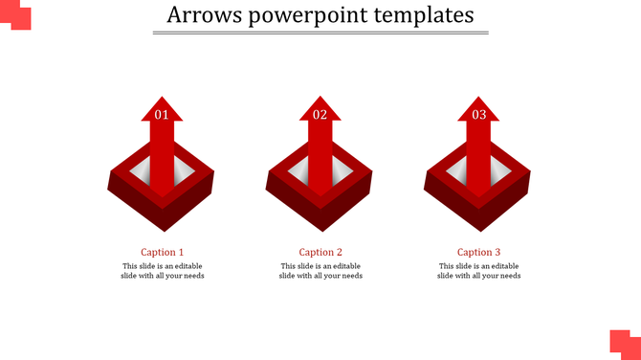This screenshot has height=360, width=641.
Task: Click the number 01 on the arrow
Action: [x=162, y=115]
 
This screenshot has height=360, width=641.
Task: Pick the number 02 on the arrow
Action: [x=320, y=115]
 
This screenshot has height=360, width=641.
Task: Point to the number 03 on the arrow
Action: [x=479, y=115]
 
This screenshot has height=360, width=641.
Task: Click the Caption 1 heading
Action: [x=163, y=253]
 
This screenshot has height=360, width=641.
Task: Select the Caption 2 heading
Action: [x=320, y=253]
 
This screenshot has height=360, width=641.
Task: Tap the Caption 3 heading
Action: [x=479, y=253]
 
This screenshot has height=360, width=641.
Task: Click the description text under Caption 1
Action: [x=163, y=271]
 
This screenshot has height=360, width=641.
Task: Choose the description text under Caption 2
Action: [x=320, y=271]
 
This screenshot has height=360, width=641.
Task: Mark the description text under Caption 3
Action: [x=479, y=271]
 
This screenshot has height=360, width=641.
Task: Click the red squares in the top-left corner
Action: [x=16, y=16]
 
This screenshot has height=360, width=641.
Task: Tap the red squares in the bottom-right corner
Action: [x=626, y=344]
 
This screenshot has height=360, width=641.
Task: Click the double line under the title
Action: [x=320, y=34]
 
